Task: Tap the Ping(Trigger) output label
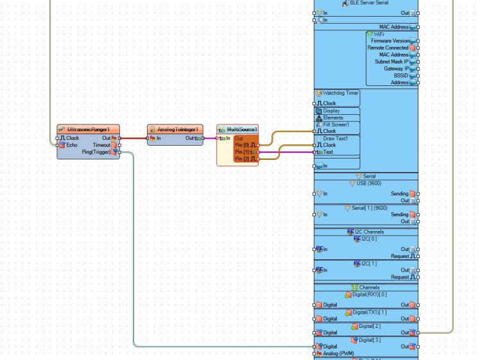pyautogui.click(x=97, y=152)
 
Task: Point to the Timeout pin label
pyautogui.click(x=101, y=145)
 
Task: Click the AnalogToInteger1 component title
pyautogui.click(x=175, y=129)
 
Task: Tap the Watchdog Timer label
pyautogui.click(x=340, y=93)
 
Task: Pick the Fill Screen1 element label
pyautogui.click(x=336, y=124)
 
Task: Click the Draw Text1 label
pyautogui.click(x=336, y=139)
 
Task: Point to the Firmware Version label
pyautogui.click(x=390, y=41)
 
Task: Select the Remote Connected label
pyautogui.click(x=388, y=48)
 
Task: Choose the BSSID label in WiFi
pyautogui.click(x=400, y=76)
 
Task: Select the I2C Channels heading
pyautogui.click(x=369, y=232)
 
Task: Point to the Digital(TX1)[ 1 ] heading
pyautogui.click(x=370, y=313)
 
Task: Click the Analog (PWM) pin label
pyautogui.click(x=339, y=354)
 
